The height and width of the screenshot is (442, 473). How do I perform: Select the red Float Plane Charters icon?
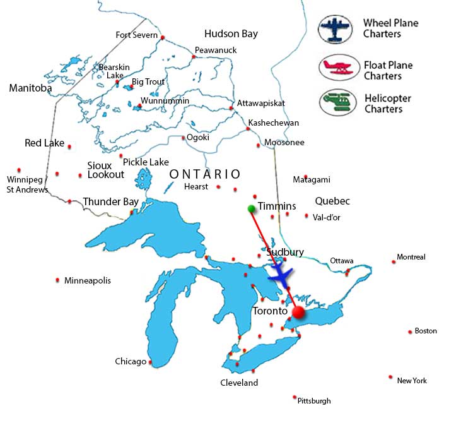[x=338, y=68]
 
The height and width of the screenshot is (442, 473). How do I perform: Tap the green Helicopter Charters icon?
[x=338, y=103]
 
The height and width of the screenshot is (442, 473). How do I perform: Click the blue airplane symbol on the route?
[x=280, y=275]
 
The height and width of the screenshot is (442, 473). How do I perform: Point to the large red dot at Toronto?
[x=298, y=312]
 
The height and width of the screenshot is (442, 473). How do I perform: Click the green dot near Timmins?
[x=251, y=208]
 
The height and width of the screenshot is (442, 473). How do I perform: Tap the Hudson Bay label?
[x=231, y=33]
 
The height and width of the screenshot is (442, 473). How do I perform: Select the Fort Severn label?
[x=136, y=35]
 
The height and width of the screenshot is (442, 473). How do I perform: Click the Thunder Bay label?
[x=110, y=202]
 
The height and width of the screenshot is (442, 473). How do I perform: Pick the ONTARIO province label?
[x=205, y=174]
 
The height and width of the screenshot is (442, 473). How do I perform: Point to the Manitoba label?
[x=30, y=88]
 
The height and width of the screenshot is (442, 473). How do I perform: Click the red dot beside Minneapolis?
[x=58, y=280]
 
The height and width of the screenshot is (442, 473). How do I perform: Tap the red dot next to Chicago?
[x=150, y=362]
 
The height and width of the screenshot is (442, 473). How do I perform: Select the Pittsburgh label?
[x=314, y=400]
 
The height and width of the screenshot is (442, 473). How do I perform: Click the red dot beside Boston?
[x=409, y=331]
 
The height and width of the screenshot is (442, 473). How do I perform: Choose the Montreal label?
[x=411, y=257]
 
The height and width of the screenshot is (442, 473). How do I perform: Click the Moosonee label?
[x=284, y=143]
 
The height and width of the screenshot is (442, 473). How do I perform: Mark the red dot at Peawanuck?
[x=194, y=57]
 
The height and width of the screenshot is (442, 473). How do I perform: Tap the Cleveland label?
[x=239, y=383]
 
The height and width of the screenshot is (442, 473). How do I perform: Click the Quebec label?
[x=332, y=201]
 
